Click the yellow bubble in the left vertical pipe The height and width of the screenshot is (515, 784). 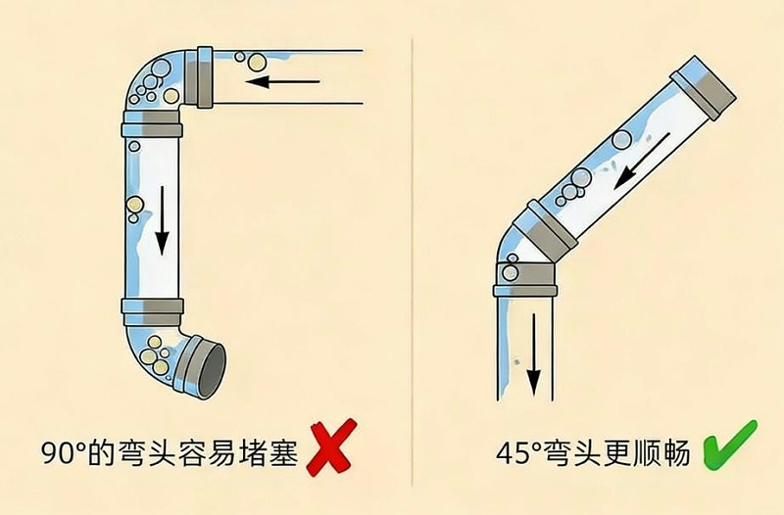click(x=132, y=204)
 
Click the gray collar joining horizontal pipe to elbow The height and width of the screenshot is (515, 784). click(x=205, y=75)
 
